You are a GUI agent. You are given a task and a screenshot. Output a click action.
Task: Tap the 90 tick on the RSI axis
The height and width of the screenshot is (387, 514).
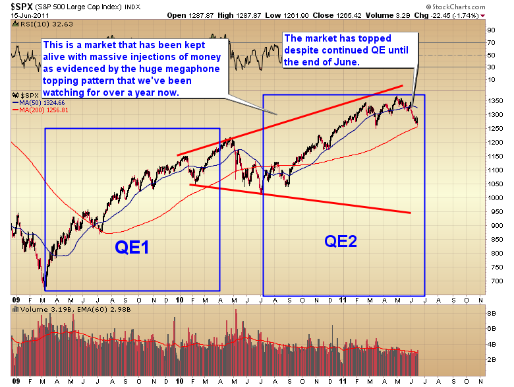(x=491, y=30)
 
